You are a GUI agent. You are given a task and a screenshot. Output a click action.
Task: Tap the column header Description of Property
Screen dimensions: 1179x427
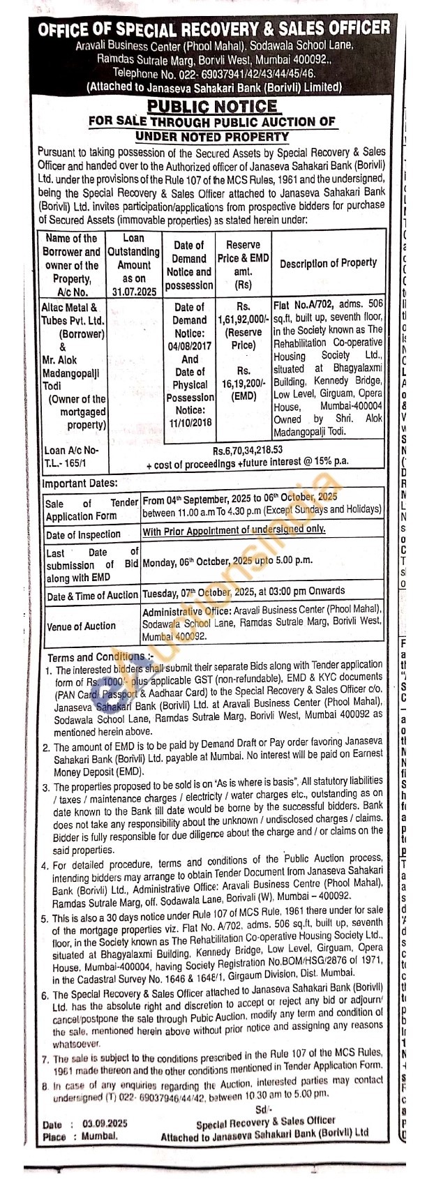point(328,263)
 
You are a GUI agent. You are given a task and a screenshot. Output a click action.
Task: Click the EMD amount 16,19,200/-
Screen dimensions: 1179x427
point(243,384)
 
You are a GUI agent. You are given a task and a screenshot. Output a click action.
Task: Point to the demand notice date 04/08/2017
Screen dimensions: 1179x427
point(190,346)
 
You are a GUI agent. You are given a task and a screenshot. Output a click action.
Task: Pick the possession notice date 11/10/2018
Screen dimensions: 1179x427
point(190,423)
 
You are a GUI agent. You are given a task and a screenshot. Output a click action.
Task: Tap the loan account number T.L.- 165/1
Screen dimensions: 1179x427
point(68,463)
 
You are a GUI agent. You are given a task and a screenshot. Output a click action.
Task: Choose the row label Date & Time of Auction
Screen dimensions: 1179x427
point(92,596)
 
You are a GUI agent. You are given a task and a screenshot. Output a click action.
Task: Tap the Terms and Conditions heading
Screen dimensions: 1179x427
point(99,657)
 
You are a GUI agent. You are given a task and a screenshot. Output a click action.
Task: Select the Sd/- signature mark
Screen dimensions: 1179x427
point(262,1109)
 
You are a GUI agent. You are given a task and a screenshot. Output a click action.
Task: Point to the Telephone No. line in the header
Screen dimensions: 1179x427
point(213,73)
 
